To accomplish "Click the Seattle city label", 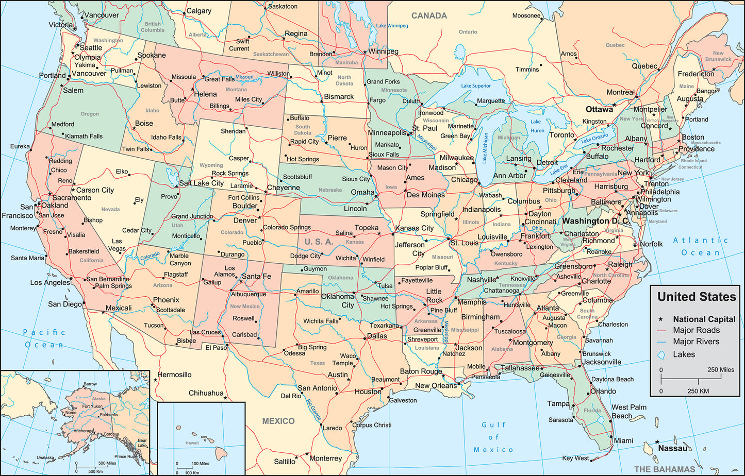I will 90,47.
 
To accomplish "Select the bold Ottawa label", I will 599,110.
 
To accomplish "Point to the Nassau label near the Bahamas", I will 673,448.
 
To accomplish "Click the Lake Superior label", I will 476,86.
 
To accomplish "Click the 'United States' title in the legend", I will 697,297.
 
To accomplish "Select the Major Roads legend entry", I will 696,330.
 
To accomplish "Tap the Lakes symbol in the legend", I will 663,354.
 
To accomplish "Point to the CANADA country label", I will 428,16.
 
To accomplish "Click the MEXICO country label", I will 278,421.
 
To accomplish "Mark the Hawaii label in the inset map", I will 192,443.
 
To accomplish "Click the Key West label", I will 575,458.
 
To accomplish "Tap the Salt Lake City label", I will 201,183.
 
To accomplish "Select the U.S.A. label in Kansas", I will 319,242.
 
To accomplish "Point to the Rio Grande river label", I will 313,410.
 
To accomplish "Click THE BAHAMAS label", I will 664,469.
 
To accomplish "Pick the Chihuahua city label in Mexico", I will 206,393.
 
